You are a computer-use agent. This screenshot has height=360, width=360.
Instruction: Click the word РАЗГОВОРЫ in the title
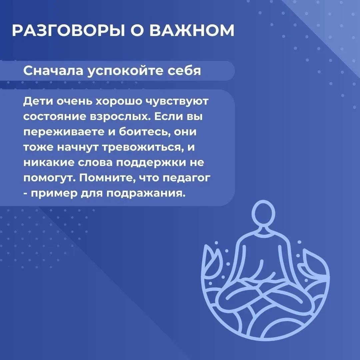pyautogui.click(x=69, y=30)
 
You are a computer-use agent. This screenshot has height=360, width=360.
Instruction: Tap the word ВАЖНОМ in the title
pyautogui.click(x=192, y=30)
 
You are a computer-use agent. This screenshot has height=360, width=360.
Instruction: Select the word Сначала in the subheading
pyautogui.click(x=53, y=71)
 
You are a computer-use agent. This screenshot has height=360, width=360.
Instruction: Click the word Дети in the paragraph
pyautogui.click(x=38, y=101)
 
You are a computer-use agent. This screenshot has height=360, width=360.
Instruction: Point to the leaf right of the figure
pyautogui.click(x=315, y=264)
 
